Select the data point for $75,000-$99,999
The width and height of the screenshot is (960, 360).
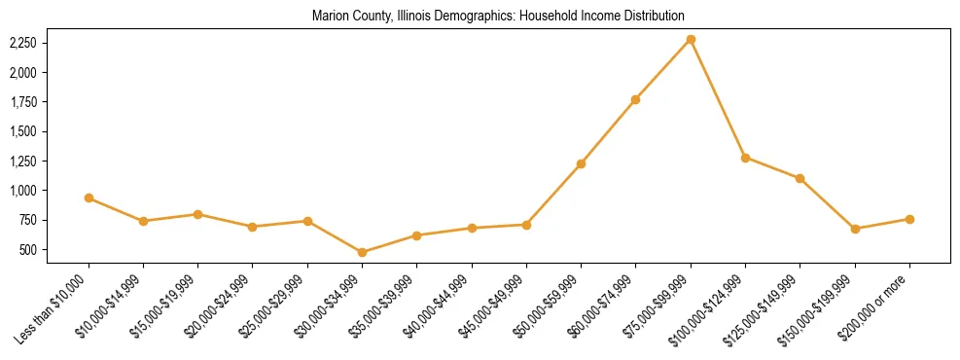(x=691, y=39)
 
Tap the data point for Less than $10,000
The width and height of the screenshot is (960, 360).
(x=89, y=198)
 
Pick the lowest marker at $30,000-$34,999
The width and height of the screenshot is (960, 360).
(x=362, y=252)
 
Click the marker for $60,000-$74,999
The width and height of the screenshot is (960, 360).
(x=635, y=99)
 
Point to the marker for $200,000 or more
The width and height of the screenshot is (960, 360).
(x=909, y=219)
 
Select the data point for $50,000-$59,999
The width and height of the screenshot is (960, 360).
(x=581, y=163)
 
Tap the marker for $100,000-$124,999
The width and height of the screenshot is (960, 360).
(x=745, y=158)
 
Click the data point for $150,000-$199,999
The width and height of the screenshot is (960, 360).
(x=855, y=229)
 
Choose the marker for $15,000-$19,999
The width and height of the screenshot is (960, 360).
(x=197, y=214)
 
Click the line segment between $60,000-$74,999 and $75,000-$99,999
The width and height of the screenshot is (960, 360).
(x=663, y=69)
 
